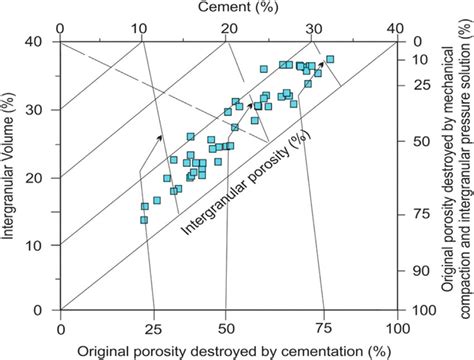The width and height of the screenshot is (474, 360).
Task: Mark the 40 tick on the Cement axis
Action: [398, 27]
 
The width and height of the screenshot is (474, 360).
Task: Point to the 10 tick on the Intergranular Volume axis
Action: [43, 244]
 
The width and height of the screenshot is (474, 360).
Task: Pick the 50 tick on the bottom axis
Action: [229, 328]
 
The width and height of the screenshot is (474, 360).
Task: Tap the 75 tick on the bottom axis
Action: [322, 328]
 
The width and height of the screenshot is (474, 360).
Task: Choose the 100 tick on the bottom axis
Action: [398, 328]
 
